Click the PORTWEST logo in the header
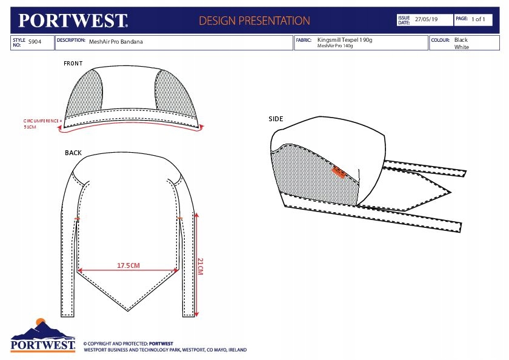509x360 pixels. click(73, 21)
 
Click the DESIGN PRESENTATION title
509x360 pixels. click(254, 21)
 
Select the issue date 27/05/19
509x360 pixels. click(426, 19)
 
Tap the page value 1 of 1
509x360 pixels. click(478, 19)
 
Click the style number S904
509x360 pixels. click(35, 42)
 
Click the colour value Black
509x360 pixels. click(461, 40)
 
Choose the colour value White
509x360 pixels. click(461, 47)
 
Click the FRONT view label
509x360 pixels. click(73, 64)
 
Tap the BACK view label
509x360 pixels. click(73, 153)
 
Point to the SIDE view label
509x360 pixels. click(276, 119)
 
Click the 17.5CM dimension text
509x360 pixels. click(128, 265)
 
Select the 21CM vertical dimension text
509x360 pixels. click(201, 265)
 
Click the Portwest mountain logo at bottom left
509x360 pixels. click(42, 335)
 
